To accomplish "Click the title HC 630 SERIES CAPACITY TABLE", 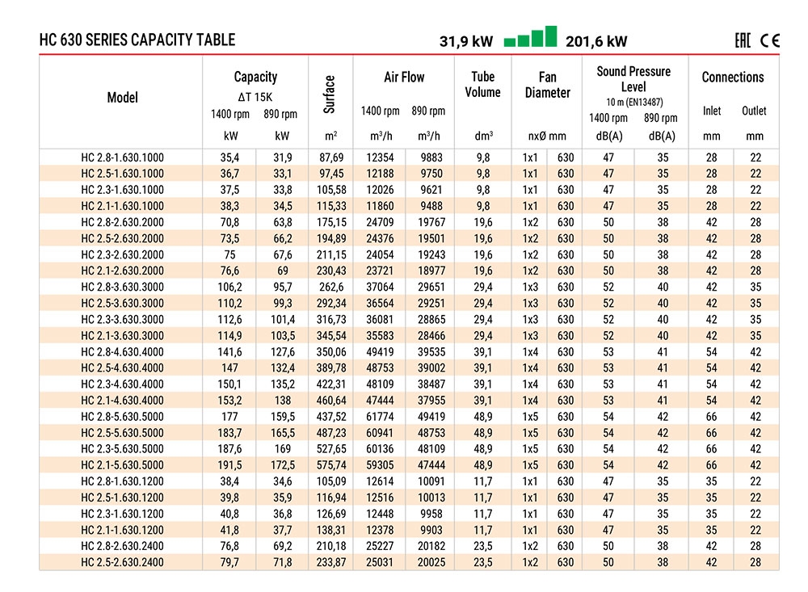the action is point(137,40).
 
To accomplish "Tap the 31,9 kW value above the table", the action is point(466,41).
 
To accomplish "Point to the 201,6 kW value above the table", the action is point(596,41).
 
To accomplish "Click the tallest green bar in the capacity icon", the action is point(551,36).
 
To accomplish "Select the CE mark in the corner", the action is point(769,40).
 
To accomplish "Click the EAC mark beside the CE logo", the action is point(743,40).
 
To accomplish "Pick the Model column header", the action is point(123,98).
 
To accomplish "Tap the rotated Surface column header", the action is point(330,94).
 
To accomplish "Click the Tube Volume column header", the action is point(483,85).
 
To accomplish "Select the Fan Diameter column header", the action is point(547,85).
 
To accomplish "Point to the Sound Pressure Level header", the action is point(633,79).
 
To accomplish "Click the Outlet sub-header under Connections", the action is point(754,111).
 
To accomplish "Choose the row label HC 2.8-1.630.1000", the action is point(122,157).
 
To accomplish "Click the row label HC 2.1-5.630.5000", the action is point(122,465).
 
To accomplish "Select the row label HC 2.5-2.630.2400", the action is point(122,562).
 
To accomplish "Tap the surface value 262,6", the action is point(330,287).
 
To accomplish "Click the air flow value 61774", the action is point(380,416).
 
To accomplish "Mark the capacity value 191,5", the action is point(229,465).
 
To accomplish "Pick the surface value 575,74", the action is point(331,465).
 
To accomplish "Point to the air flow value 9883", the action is point(431,157).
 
